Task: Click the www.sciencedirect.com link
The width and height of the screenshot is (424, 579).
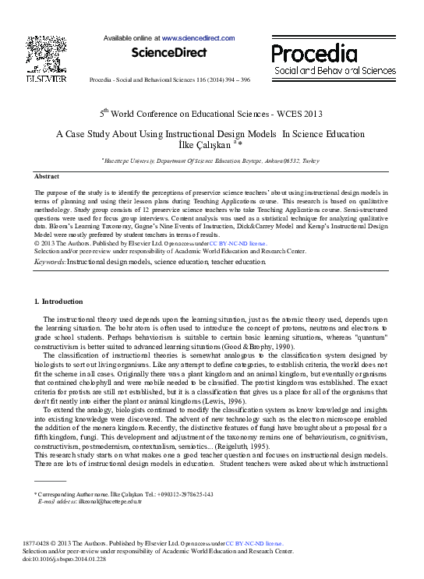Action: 198,37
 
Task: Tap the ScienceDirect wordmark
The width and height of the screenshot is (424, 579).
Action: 169,53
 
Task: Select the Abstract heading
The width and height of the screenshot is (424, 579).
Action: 48,177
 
